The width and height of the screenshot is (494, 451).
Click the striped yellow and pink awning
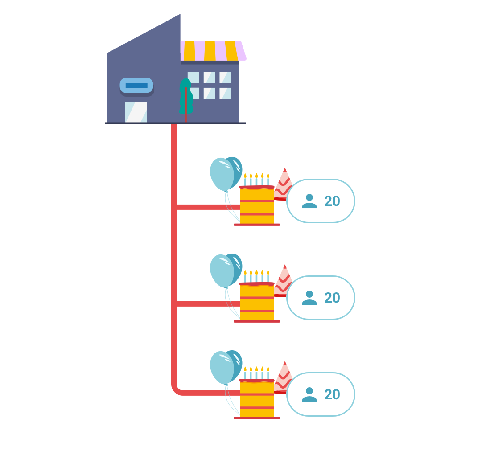213,50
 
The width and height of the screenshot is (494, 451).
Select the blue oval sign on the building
136,86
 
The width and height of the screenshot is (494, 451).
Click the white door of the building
136,112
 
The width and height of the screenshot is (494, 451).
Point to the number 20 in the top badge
332,201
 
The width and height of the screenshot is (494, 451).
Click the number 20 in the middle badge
332,298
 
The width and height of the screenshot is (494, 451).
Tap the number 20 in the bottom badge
332,394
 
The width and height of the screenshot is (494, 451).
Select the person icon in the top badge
309,201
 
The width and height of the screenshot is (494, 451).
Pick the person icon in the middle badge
309,298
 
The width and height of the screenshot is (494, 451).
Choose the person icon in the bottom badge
309,394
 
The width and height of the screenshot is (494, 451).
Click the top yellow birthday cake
257,205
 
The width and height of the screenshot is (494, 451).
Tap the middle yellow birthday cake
257,301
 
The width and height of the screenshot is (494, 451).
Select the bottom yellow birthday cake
257,398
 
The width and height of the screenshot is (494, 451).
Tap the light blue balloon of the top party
222,174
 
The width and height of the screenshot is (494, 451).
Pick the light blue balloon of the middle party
222,271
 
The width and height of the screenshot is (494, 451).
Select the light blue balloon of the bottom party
222,368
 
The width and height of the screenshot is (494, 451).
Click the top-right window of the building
225,78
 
